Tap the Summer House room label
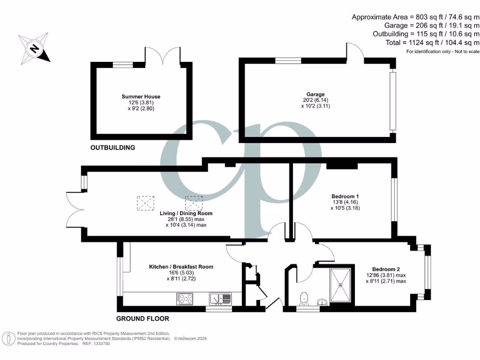click(x=141, y=97)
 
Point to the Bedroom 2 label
click(x=386, y=270)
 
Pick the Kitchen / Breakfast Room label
click(x=181, y=267)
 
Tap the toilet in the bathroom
click(x=304, y=298)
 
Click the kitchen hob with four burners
click(x=186, y=298)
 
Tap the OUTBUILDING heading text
click(x=112, y=148)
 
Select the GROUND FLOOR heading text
click(x=142, y=319)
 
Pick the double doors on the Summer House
click(x=162, y=55)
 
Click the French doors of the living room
click(x=75, y=216)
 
